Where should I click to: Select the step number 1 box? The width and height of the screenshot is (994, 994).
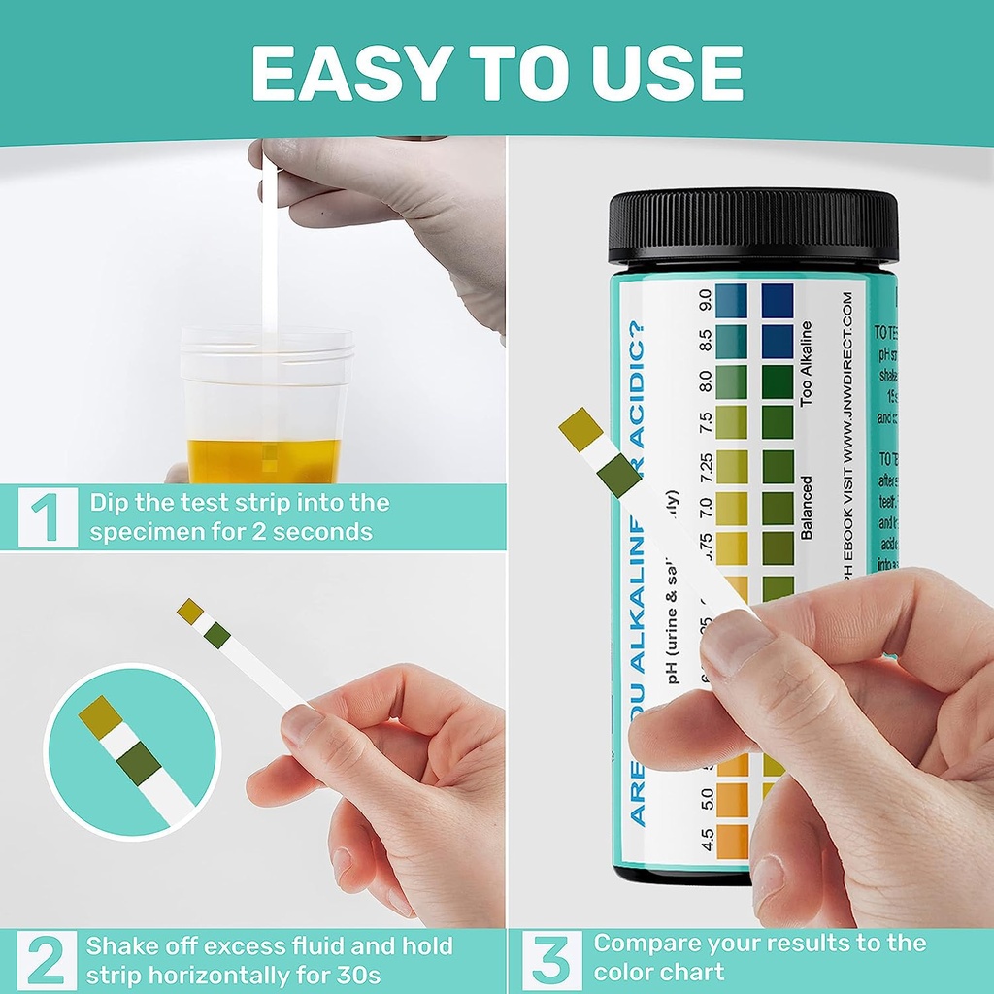[47, 517]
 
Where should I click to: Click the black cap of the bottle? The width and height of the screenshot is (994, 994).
[753, 226]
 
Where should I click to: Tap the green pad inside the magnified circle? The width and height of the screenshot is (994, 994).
[141, 764]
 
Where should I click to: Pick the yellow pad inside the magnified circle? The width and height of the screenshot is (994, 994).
[100, 716]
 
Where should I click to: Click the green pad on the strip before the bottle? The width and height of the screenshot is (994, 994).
[619, 475]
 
